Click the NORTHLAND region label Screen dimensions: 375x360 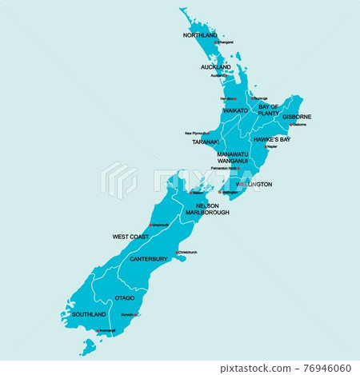point(200,36)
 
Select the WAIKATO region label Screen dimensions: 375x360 point(235,111)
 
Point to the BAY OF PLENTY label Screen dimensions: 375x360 point(268,110)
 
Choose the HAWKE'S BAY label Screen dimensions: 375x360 point(271,139)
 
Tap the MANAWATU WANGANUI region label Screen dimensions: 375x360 point(233,157)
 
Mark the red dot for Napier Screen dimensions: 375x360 point(266,147)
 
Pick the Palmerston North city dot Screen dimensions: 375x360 point(239,169)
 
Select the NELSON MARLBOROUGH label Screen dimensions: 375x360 point(207,209)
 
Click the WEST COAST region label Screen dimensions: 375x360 point(130,237)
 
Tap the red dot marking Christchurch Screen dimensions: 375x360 point(177,253)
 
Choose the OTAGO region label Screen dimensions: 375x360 point(125,298)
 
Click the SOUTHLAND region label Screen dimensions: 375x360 point(89,315)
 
